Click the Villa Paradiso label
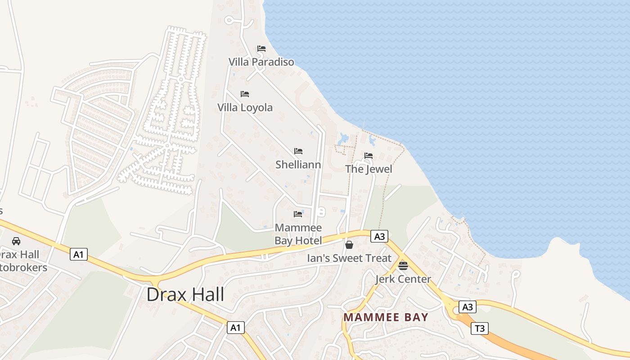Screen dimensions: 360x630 pyautogui.click(x=261, y=62)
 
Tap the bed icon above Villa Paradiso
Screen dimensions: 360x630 pyautogui.click(x=261, y=49)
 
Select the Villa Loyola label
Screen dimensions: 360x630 pyautogui.click(x=245, y=108)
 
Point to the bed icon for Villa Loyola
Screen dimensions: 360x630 pyautogui.click(x=245, y=94)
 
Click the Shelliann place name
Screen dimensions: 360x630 pyautogui.click(x=298, y=165)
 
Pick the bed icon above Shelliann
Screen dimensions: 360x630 pyautogui.click(x=298, y=151)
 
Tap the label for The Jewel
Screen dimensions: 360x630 pyautogui.click(x=369, y=169)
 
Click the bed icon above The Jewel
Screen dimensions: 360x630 pyautogui.click(x=369, y=156)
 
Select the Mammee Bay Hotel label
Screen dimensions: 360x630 pyautogui.click(x=298, y=234)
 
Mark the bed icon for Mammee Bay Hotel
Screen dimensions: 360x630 pyautogui.click(x=297, y=214)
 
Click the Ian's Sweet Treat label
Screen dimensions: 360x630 pyautogui.click(x=349, y=258)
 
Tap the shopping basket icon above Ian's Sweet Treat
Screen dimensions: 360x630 pyautogui.click(x=349, y=245)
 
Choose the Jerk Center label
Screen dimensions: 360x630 pyautogui.click(x=403, y=279)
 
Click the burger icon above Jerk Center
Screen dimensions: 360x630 pyautogui.click(x=403, y=265)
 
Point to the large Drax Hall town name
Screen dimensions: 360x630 pyautogui.click(x=185, y=295)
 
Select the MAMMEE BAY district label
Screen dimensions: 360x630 pyautogui.click(x=386, y=317)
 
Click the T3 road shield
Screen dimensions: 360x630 pyautogui.click(x=480, y=328)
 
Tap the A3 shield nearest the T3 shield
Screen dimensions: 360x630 pyautogui.click(x=468, y=307)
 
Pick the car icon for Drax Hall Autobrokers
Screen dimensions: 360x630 pyautogui.click(x=16, y=241)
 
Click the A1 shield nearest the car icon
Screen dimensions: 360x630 pyautogui.click(x=79, y=255)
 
